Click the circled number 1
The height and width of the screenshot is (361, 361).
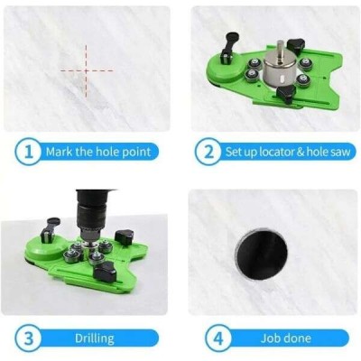(28, 152)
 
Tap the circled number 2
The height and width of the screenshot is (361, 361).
(208, 152)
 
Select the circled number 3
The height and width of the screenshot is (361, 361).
(28, 338)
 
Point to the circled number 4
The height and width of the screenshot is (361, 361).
(218, 338)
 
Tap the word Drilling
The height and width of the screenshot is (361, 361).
(95, 338)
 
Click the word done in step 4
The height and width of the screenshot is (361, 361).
(298, 338)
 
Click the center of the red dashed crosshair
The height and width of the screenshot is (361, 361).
(86, 71)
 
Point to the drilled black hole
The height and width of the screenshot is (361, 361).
(261, 255)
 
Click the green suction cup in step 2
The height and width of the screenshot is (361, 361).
(225, 69)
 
